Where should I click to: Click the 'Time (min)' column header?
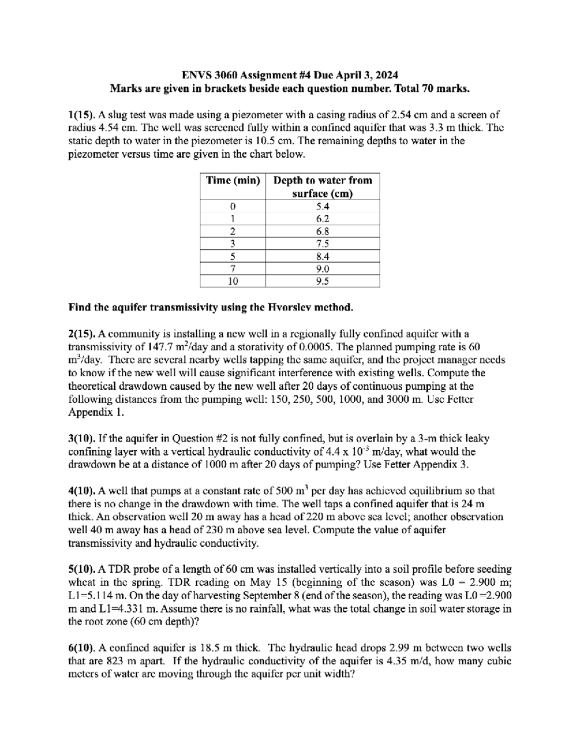[x=233, y=180]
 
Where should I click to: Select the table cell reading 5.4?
[x=322, y=206]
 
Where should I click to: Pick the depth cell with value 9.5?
[x=322, y=281]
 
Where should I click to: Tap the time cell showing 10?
[x=233, y=281]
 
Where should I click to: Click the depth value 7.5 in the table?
[x=322, y=244]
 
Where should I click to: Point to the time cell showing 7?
[x=233, y=268]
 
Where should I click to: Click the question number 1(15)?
[x=82, y=115]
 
